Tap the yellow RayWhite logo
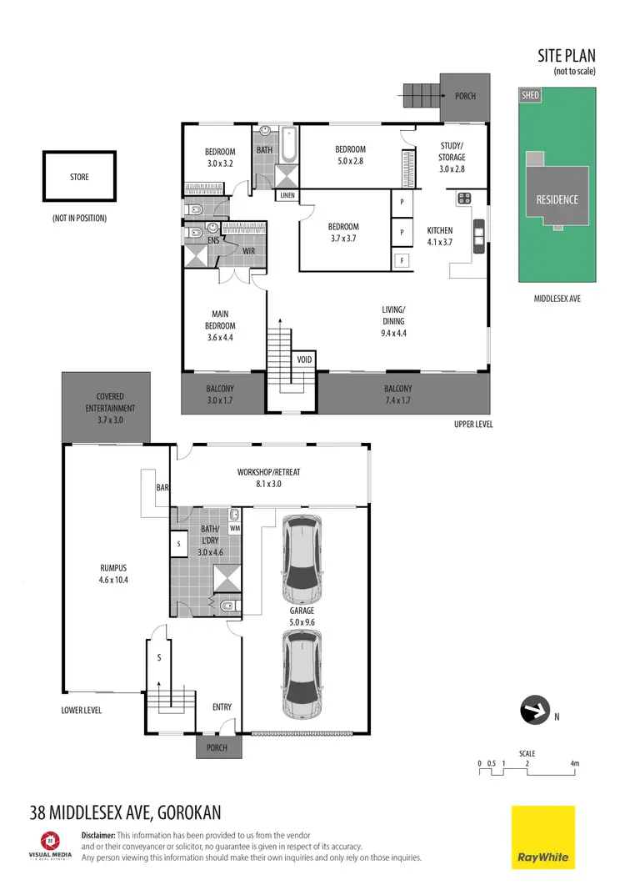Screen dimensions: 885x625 [542, 837]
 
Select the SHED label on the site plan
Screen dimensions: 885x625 [530, 96]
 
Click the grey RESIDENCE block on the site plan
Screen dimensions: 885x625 [557, 199]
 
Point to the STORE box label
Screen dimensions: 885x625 [79, 177]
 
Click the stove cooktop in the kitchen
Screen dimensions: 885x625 [464, 199]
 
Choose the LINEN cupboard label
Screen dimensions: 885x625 [287, 196]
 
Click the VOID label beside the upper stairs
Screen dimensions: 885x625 [304, 360]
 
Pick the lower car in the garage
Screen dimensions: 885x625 [302, 673]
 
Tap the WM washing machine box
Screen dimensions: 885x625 [235, 527]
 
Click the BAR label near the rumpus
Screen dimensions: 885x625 [162, 486]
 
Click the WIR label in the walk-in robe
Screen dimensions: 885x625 [248, 250]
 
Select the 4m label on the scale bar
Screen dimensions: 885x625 [574, 763]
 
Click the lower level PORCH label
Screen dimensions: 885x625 [217, 747]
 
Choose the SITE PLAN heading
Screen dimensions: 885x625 [567, 57]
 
